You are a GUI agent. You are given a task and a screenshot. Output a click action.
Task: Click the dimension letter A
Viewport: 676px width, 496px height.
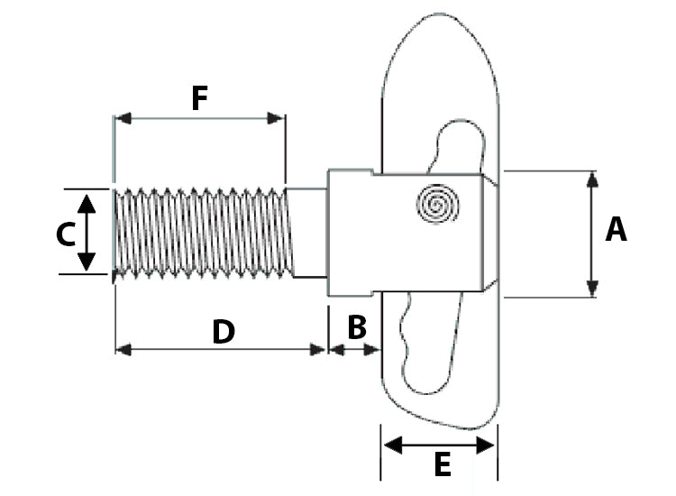pos(616,230)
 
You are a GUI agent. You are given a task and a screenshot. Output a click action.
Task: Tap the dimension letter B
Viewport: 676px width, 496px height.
pos(357,327)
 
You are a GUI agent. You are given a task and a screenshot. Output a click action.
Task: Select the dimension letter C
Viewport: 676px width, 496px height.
pos(65,234)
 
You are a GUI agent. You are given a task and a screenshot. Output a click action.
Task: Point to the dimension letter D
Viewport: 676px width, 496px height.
pos(223,332)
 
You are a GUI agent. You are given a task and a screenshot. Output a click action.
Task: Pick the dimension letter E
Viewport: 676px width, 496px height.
pos(442,465)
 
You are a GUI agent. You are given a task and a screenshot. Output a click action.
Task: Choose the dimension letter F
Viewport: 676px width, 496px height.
pos(199,98)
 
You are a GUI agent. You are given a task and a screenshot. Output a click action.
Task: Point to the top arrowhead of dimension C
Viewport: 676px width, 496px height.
pos(87,202)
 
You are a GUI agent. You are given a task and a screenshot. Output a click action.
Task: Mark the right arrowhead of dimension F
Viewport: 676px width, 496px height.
pos(277,118)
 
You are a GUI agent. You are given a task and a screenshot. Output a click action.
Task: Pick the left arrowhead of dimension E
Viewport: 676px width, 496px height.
pos(391,445)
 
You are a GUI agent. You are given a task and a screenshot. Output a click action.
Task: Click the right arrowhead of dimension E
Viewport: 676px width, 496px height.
pos(487,445)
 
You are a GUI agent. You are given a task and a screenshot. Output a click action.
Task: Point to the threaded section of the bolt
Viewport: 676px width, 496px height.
pos(203,233)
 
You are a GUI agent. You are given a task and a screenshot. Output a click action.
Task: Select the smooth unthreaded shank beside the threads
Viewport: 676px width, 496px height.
pos(308,232)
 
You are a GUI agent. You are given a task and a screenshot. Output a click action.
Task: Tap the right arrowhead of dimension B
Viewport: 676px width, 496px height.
pos(371,349)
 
